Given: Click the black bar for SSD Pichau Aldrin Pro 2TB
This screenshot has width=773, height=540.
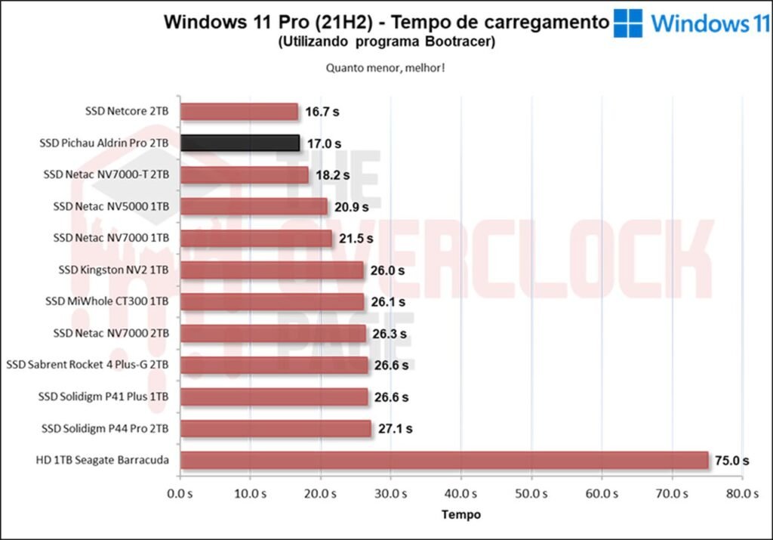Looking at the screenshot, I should click(x=240, y=143).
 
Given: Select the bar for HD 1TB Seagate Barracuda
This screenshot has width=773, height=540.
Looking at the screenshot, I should click(x=444, y=460).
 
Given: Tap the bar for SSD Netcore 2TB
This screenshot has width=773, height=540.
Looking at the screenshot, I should click(x=239, y=112).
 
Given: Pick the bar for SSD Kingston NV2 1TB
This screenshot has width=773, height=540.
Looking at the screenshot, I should click(x=272, y=270).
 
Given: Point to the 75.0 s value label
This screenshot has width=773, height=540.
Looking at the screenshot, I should click(x=731, y=460).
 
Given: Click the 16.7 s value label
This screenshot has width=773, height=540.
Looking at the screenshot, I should click(x=322, y=112).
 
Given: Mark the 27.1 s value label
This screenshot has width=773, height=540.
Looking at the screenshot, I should click(x=395, y=428).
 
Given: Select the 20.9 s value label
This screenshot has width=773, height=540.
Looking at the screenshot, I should click(x=351, y=206).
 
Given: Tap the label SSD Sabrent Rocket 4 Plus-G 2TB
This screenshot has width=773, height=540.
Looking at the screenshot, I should click(x=88, y=365).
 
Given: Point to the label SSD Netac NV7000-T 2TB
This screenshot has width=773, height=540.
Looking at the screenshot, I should click(x=106, y=174).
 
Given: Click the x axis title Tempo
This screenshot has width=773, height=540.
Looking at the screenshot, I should click(x=460, y=514).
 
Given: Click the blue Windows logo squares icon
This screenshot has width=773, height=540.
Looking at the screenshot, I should click(x=628, y=23).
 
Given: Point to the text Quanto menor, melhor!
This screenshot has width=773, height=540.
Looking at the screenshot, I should click(x=385, y=68).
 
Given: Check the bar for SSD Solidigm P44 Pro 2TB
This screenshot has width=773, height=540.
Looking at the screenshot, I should click(x=276, y=428).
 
